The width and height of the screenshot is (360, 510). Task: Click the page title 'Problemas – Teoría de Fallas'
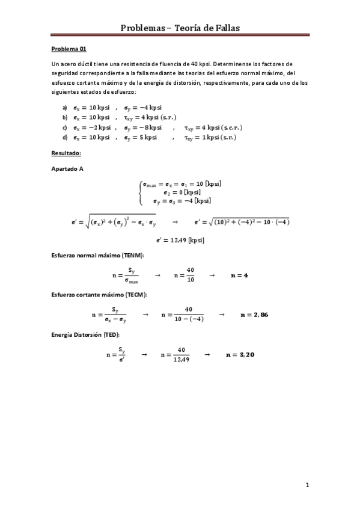point(180,28)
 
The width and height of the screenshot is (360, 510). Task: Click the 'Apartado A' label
point(67,169)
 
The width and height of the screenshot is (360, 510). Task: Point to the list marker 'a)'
point(65,106)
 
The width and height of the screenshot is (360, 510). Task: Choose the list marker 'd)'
point(65,137)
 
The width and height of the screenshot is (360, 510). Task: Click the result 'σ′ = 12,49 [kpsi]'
point(180,240)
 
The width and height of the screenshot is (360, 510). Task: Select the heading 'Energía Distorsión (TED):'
point(85,334)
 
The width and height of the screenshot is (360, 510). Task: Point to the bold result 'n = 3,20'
point(240,355)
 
